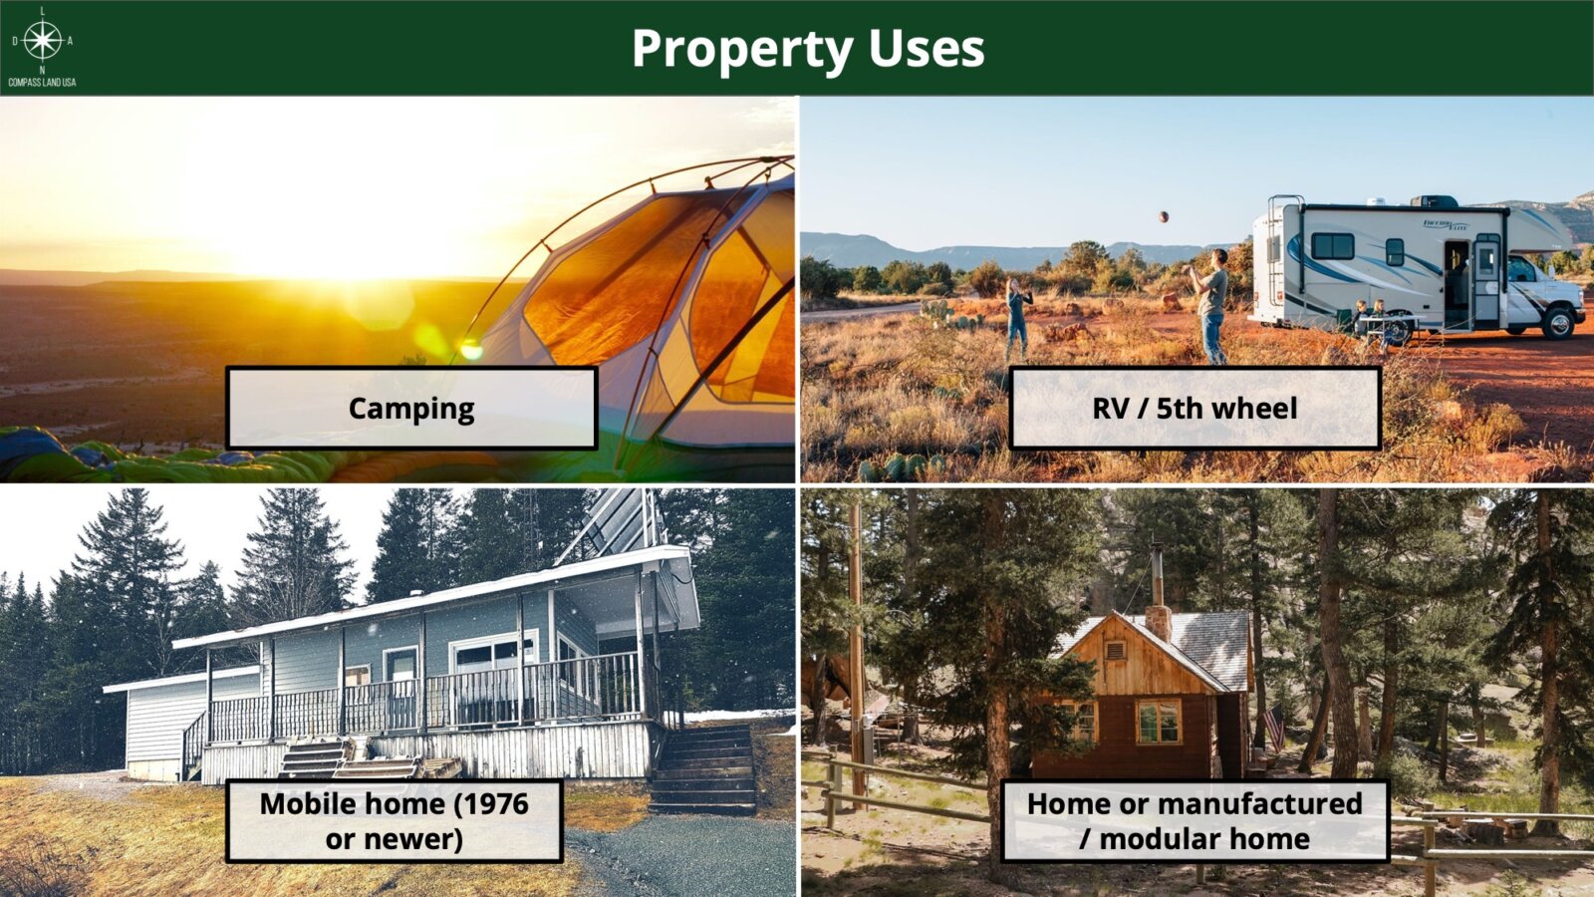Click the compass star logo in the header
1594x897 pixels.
pos(43,40)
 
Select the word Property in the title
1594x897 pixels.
pos(742,50)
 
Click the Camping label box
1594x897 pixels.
pos(411,408)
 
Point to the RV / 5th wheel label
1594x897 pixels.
pos(1195,408)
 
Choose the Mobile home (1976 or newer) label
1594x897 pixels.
pos(395,821)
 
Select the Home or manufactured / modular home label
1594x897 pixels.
pos(1195,821)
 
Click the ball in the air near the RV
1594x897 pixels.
pos(1163,216)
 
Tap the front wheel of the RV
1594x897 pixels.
pos(1558,323)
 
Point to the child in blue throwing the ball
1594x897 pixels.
pos(1017,318)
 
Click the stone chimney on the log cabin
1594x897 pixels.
pos(1158,623)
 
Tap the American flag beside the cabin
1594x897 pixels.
pos(1273,727)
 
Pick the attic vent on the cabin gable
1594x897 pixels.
pos(1115,650)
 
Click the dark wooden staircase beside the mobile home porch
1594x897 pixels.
pos(703,768)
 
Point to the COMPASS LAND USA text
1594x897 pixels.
pos(42,83)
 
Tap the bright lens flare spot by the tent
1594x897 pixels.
pos(470,349)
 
